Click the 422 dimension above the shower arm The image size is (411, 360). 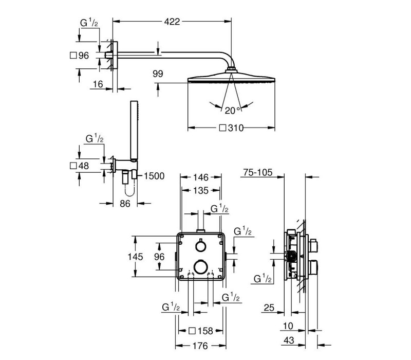pyautogui.click(x=172, y=22)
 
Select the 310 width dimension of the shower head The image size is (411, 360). pyautogui.click(x=236, y=128)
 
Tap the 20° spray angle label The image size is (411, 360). pyautogui.click(x=232, y=111)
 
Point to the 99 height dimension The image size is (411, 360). pyautogui.click(x=158, y=74)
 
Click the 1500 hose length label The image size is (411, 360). pyautogui.click(x=154, y=176)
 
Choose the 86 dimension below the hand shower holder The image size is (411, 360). pyautogui.click(x=125, y=203)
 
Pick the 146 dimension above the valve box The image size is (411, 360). pyautogui.click(x=201, y=177)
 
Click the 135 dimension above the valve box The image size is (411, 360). pyautogui.click(x=201, y=190)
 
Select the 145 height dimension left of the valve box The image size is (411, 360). pyautogui.click(x=135, y=256)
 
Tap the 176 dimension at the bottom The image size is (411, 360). pyautogui.click(x=200, y=346)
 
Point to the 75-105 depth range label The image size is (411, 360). pyautogui.click(x=258, y=172)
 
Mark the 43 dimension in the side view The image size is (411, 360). pyautogui.click(x=289, y=340)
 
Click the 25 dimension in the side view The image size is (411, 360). pyautogui.click(x=269, y=308)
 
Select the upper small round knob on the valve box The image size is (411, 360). pyautogui.click(x=200, y=246)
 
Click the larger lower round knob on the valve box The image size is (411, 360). pyautogui.click(x=201, y=267)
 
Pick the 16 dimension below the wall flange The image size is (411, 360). pyautogui.click(x=98, y=84)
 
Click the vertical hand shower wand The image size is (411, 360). pyautogui.click(x=134, y=131)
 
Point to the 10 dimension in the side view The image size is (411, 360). pyautogui.click(x=288, y=326)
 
